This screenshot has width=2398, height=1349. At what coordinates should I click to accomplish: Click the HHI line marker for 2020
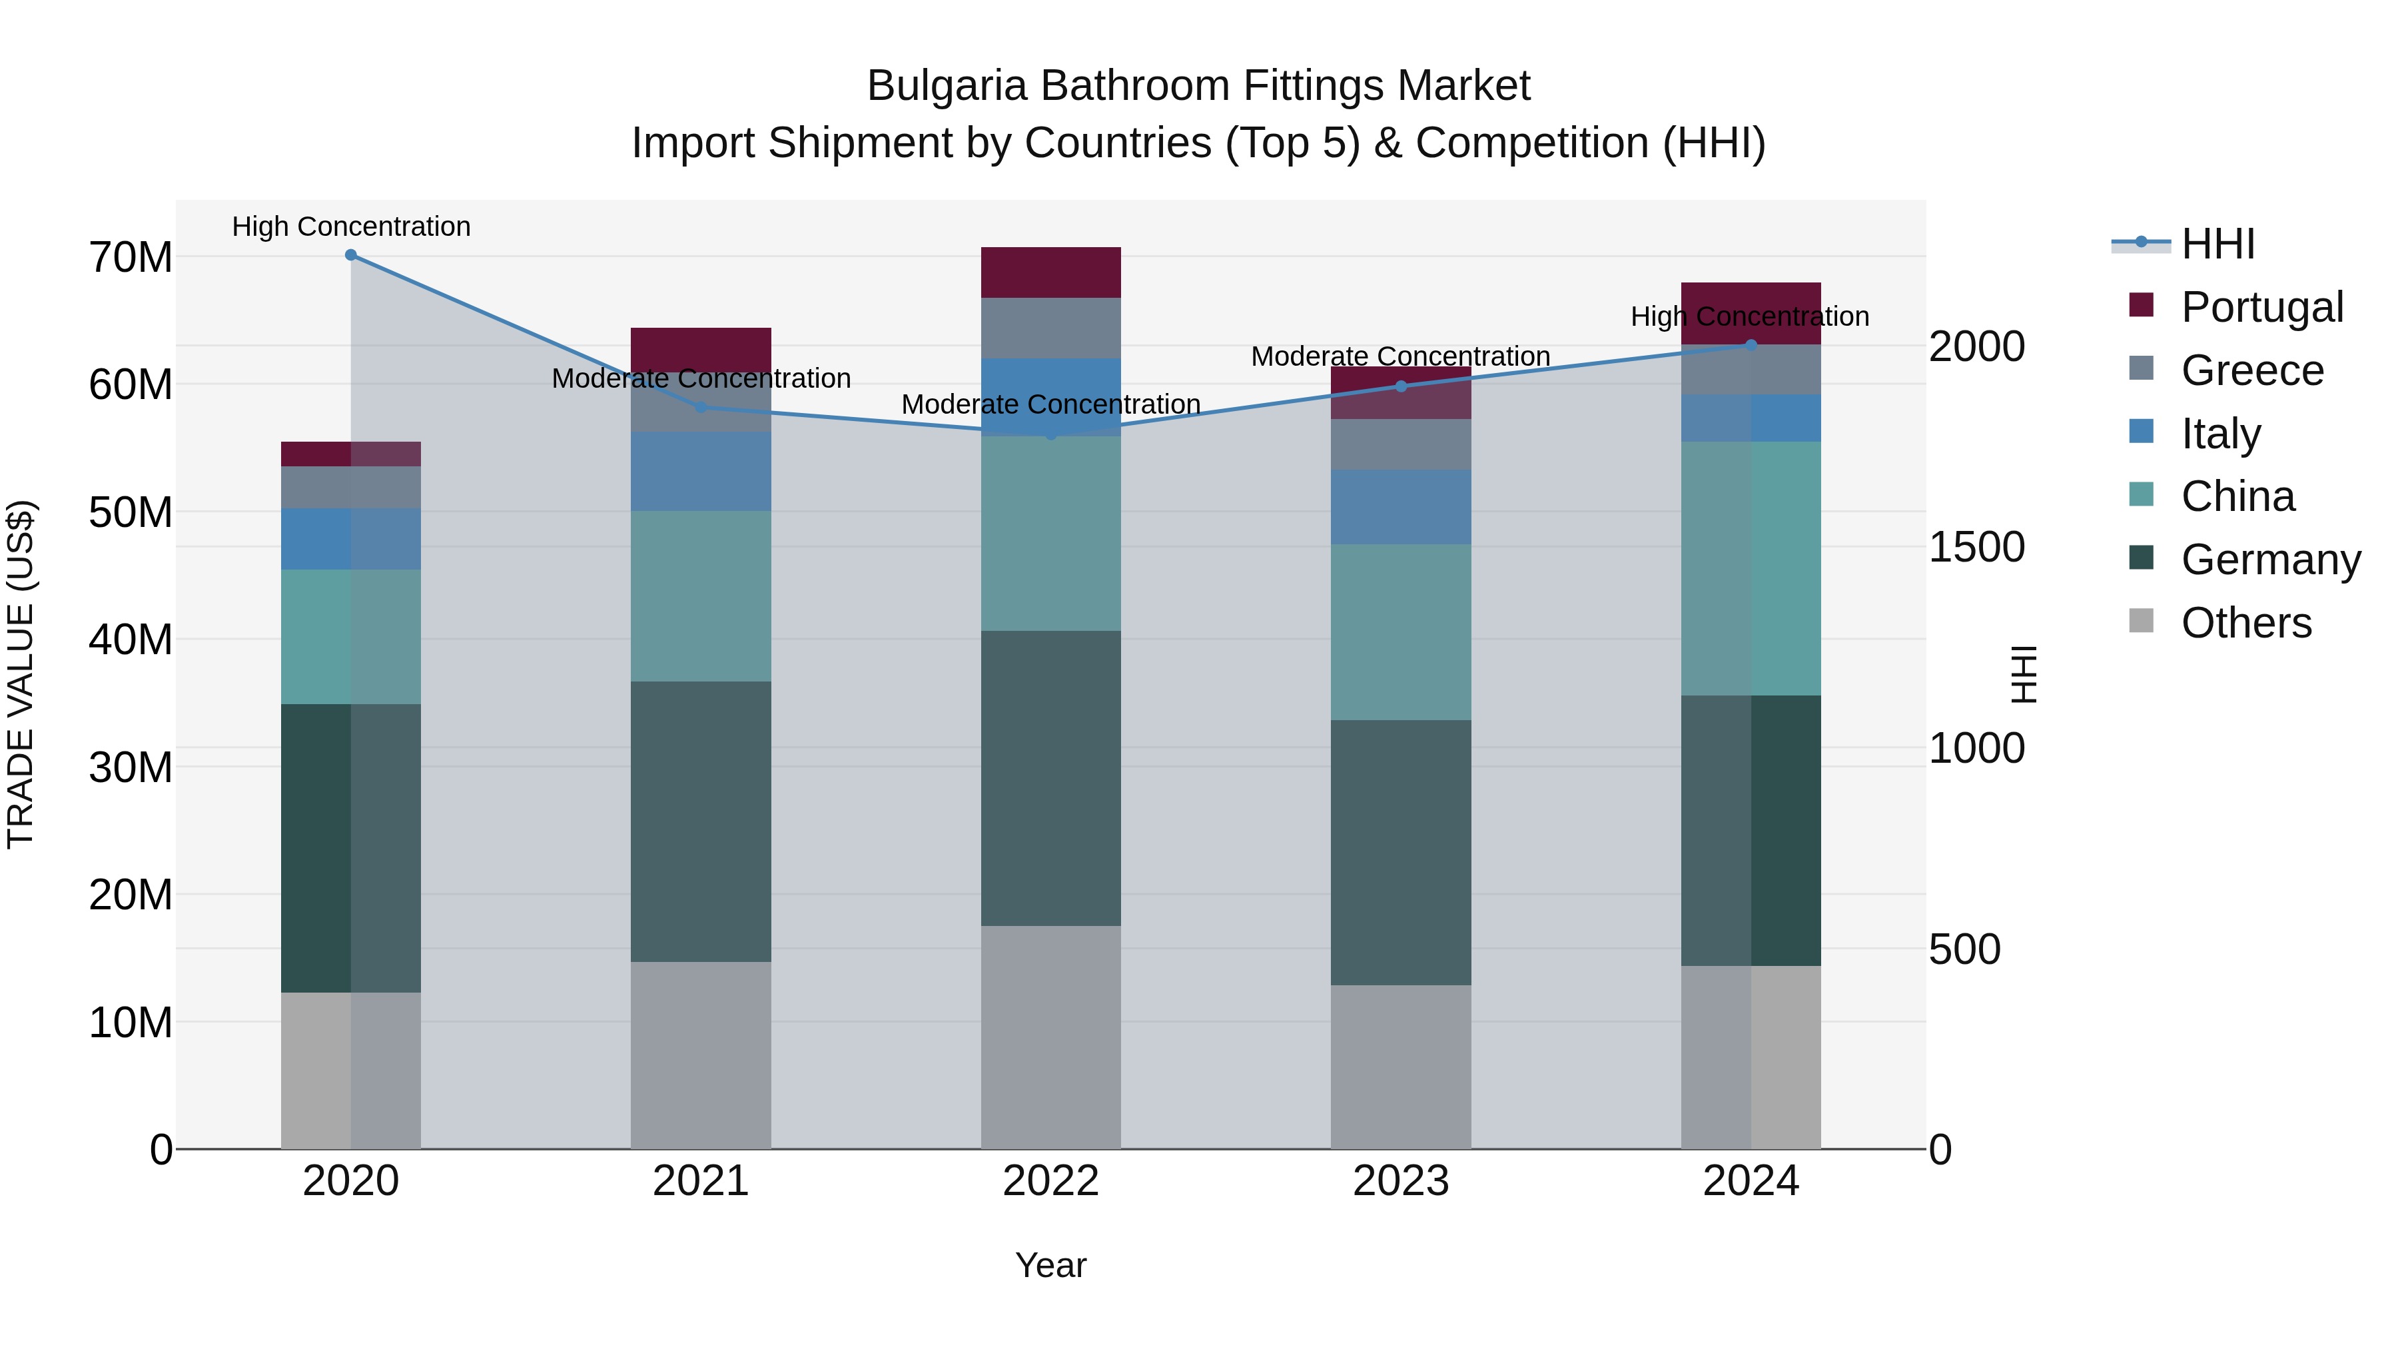click(351, 254)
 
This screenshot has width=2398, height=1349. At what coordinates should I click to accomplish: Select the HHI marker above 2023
click(1400, 386)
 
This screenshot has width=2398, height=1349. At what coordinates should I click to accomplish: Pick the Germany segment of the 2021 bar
click(700, 821)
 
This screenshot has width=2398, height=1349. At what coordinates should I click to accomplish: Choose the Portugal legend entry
click(2261, 306)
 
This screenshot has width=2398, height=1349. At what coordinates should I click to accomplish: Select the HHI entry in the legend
click(2217, 244)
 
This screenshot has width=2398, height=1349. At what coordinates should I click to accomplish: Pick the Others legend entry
click(2245, 622)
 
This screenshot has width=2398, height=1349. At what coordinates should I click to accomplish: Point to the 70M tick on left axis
click(131, 257)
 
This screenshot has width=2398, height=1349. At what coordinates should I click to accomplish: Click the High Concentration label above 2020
click(351, 226)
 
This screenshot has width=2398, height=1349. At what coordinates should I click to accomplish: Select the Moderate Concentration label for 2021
click(700, 378)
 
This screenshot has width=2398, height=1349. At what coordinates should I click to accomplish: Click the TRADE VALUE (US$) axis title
click(21, 674)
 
